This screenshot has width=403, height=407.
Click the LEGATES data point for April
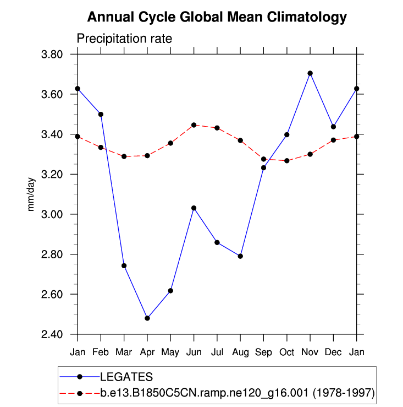click(147, 318)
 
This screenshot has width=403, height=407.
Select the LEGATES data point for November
click(310, 73)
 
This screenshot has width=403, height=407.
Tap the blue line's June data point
click(194, 208)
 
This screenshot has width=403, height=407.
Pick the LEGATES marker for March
click(124, 265)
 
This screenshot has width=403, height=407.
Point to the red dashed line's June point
click(194, 125)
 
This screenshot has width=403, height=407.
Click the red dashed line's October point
click(287, 160)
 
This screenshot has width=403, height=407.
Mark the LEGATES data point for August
click(240, 256)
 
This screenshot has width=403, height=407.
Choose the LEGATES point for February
click(101, 114)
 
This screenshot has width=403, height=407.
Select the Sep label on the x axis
click(263, 351)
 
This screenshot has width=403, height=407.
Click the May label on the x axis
click(170, 351)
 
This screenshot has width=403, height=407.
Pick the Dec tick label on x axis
click(333, 351)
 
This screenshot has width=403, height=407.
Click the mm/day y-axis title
click(31, 194)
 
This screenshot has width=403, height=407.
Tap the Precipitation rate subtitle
click(124, 39)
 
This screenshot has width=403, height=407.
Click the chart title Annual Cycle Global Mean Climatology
click(217, 17)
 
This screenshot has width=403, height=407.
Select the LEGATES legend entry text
click(126, 377)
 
